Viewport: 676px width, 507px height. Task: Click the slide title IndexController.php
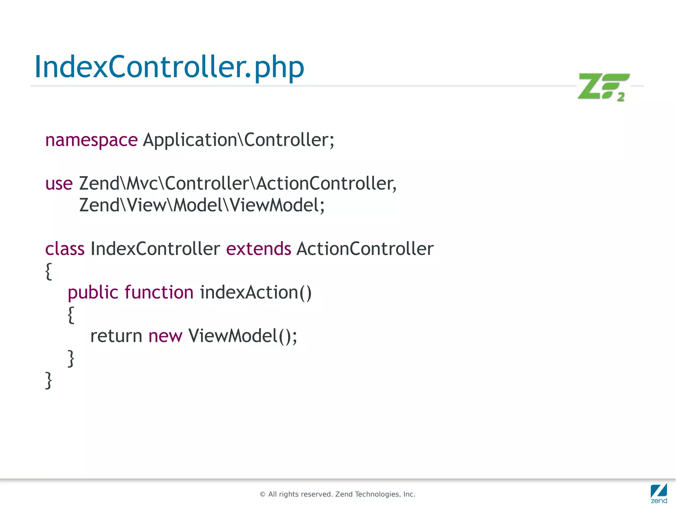(x=169, y=67)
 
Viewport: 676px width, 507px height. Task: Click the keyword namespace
(x=91, y=140)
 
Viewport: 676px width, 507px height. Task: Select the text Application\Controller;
(x=238, y=140)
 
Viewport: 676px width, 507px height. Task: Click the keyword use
(x=59, y=184)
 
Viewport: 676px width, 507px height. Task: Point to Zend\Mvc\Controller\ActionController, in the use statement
(x=238, y=184)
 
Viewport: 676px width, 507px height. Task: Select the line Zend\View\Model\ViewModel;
(x=202, y=205)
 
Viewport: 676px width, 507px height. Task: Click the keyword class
(x=65, y=249)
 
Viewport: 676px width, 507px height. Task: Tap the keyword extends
(x=258, y=249)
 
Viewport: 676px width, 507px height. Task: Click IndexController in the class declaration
(x=155, y=249)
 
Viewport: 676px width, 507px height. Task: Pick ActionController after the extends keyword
(x=365, y=249)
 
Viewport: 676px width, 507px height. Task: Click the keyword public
(x=93, y=293)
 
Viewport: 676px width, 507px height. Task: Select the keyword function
(x=159, y=293)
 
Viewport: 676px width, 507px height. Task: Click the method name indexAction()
(x=255, y=293)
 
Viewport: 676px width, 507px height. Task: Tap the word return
(x=116, y=336)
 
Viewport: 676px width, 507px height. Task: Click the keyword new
(x=165, y=336)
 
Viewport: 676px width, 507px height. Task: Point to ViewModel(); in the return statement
(x=243, y=336)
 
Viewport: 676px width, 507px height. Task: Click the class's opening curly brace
(x=49, y=271)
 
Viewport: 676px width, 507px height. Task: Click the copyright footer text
(x=337, y=494)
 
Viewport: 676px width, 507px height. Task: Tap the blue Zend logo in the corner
(x=659, y=493)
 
